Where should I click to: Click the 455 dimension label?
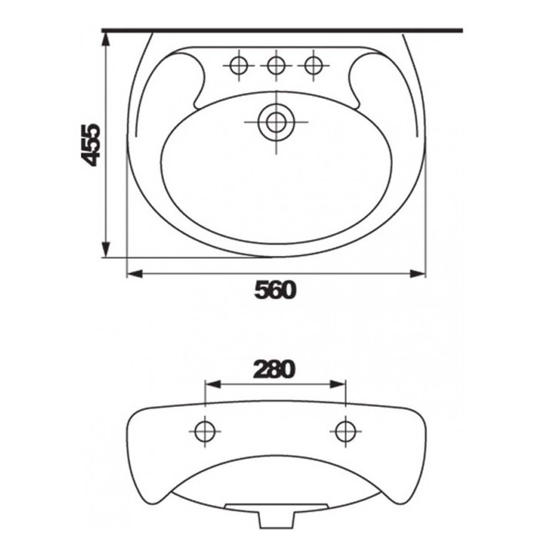pyautogui.click(x=93, y=144)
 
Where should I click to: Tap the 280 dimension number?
pyautogui.click(x=274, y=370)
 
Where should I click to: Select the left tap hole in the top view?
pyautogui.click(x=239, y=65)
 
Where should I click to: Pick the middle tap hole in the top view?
pyautogui.click(x=276, y=65)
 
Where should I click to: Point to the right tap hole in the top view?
pyautogui.click(x=313, y=65)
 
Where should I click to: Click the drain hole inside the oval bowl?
pyautogui.click(x=276, y=122)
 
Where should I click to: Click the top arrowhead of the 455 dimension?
pyautogui.click(x=106, y=40)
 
